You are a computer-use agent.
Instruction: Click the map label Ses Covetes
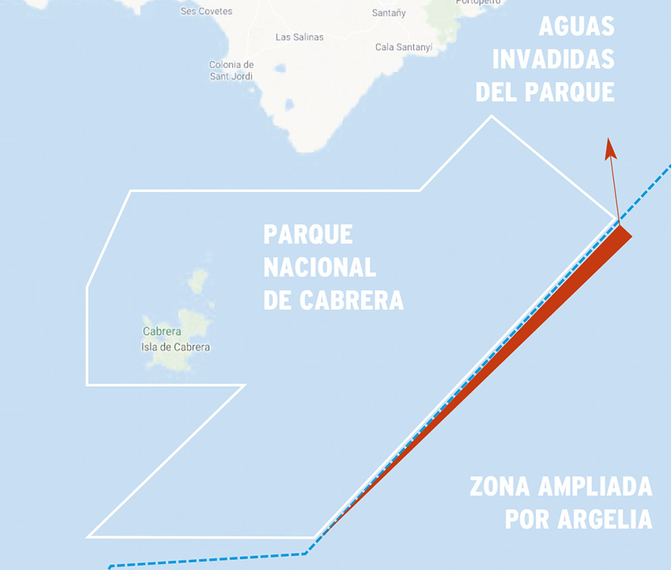207,11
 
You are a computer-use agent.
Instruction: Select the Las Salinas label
300,37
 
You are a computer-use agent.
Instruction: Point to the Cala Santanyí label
404,47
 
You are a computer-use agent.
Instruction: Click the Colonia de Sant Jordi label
231,71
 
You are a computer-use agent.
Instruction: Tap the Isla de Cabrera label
175,347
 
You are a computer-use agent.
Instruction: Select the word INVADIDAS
553,59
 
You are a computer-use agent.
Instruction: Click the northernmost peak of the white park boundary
491,116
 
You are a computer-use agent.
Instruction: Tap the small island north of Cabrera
198,281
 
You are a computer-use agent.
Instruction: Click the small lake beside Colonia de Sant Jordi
280,69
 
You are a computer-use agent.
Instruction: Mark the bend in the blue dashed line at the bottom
306,554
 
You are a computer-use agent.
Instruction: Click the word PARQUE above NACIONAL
308,234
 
